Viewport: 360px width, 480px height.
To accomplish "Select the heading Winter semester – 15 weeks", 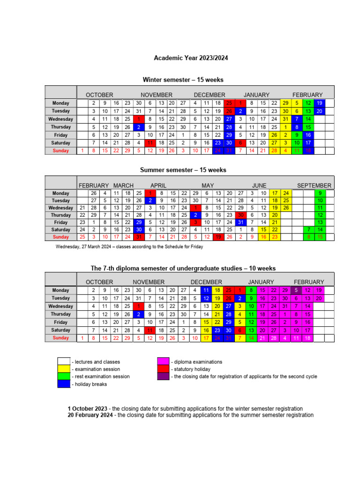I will pos(183,80).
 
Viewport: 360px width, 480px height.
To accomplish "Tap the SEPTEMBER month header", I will pos(314,185).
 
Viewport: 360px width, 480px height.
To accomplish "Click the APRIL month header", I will pos(158,185).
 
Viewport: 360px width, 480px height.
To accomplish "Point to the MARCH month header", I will pos(123,185).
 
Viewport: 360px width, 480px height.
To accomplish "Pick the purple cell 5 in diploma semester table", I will pos(296,290).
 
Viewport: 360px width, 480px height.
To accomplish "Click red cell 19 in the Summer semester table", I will pos(218,237).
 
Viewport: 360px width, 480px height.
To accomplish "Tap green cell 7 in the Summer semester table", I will pos(308,230).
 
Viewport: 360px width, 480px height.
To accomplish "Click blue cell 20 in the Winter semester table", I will pos(319,111).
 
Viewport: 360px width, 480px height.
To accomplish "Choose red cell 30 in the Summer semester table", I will pos(240,215).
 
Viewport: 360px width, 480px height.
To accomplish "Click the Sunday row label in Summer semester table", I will pos(61,237).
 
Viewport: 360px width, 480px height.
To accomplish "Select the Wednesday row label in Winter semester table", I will pos(61,119).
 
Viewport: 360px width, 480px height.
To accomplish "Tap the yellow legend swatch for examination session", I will pos(63,369).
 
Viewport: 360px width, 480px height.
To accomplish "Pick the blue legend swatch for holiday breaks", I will pos(63,384).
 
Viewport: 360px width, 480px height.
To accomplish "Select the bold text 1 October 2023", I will pos(87,409).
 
